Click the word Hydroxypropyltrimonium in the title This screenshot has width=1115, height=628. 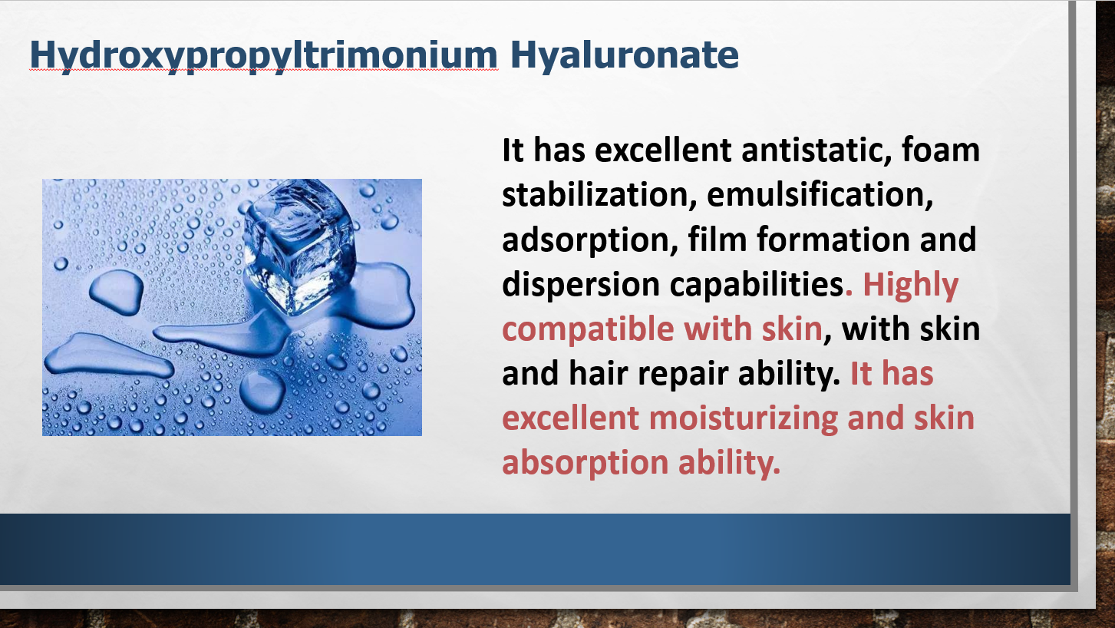point(263,56)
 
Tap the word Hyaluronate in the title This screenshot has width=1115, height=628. point(624,56)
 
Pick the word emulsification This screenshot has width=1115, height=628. point(820,194)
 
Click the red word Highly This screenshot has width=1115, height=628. point(910,285)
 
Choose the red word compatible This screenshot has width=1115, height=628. point(588,329)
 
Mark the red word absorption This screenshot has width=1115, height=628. point(585,464)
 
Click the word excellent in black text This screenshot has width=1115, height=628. point(663,150)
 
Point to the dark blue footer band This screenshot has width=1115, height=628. point(535,549)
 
